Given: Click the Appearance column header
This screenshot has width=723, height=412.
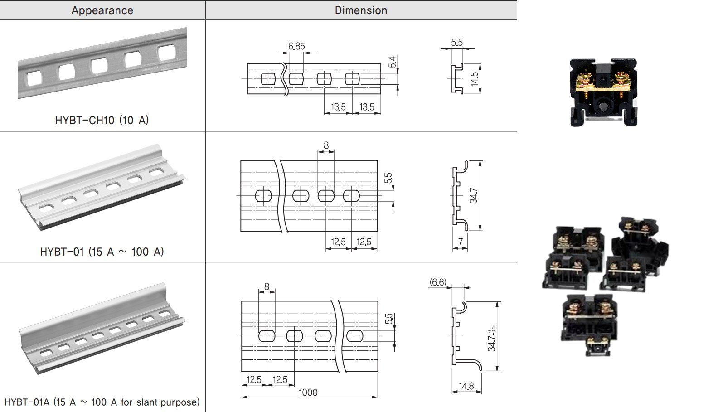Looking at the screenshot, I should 102,10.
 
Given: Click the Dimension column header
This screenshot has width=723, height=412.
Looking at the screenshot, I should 361,10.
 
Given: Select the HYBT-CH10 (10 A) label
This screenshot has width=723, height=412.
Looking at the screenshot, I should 102,120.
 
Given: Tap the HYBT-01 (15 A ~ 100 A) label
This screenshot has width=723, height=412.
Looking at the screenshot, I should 102,252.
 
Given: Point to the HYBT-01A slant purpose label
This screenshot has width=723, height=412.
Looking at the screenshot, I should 102,402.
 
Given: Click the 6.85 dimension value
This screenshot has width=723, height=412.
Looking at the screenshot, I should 296,46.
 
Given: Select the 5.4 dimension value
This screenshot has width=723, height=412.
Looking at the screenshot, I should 393,62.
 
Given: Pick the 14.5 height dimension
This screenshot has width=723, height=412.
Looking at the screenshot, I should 474,79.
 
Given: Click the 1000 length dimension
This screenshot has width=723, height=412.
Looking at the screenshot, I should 308,393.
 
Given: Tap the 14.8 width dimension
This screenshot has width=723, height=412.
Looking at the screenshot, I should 466,386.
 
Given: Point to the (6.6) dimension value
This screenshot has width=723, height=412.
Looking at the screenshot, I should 438,283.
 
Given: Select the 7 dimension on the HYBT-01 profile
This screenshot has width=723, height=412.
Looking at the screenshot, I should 460,242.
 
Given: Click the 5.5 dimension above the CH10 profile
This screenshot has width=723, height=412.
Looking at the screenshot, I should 457,43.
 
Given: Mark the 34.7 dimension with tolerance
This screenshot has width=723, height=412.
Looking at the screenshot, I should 492,338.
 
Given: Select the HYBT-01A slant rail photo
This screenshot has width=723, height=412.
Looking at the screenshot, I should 102,331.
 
